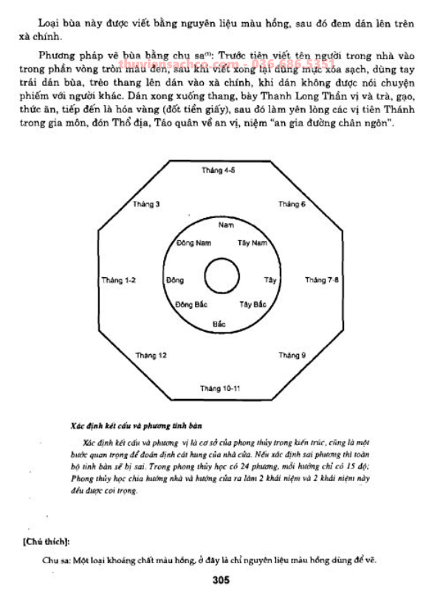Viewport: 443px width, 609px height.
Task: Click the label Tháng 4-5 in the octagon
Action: (218, 170)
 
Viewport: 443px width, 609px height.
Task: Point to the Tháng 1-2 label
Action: (119, 280)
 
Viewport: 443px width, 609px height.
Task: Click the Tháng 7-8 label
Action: (322, 280)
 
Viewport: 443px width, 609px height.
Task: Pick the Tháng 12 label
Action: (151, 355)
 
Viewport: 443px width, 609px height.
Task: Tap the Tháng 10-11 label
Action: (219, 388)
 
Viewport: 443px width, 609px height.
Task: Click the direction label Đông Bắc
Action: (191, 304)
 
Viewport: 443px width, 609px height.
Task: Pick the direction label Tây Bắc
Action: (252, 304)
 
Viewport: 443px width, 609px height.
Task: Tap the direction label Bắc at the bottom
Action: (219, 324)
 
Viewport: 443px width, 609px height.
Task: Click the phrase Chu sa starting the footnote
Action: (57, 559)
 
